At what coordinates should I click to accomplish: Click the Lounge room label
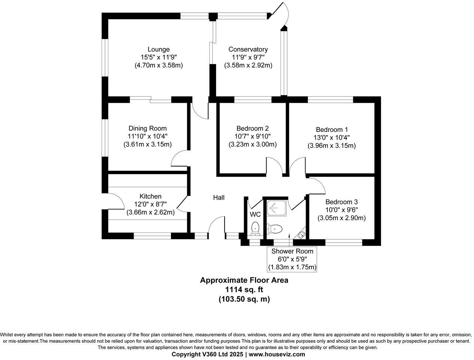[x=158, y=49]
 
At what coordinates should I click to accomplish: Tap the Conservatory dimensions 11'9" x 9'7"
[x=248, y=57]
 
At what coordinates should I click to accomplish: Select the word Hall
[x=219, y=197]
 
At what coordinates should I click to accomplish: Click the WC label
[x=255, y=214]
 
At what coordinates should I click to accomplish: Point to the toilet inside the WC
[x=255, y=228]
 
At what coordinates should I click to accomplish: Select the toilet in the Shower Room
[x=274, y=228]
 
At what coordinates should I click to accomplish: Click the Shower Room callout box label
[x=292, y=251]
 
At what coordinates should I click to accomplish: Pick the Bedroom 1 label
[x=331, y=129]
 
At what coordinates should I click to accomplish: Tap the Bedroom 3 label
[x=341, y=202]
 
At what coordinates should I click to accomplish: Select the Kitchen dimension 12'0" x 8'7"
[x=150, y=204]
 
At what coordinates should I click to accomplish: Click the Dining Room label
[x=147, y=128]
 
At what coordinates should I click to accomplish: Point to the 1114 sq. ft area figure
[x=244, y=289]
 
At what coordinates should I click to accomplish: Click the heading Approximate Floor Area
[x=244, y=280]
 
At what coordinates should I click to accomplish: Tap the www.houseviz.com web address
[x=277, y=354]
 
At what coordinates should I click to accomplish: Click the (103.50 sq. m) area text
[x=244, y=299]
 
